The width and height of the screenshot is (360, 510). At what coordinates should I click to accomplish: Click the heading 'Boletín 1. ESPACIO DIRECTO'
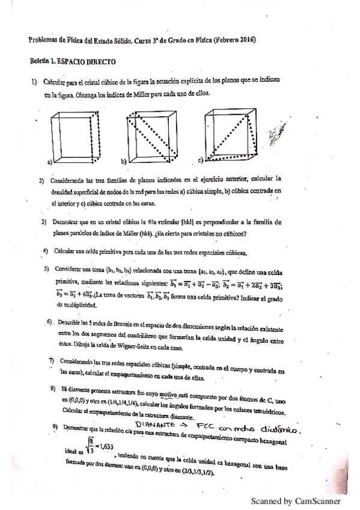[x=73, y=62]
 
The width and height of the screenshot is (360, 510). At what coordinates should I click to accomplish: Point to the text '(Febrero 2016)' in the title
[x=233, y=40]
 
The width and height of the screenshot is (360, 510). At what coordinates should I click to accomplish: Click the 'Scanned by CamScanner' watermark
[x=296, y=500]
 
